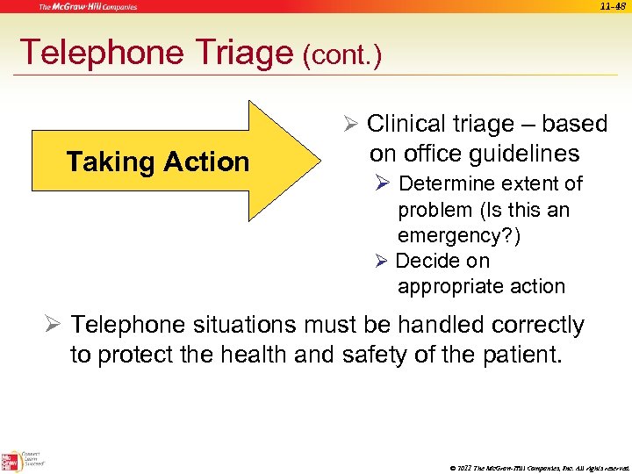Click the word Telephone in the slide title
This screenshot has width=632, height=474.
(x=88, y=53)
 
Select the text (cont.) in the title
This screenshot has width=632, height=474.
(x=342, y=57)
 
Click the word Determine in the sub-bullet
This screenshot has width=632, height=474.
(x=447, y=184)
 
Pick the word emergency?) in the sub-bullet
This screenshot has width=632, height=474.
(x=458, y=236)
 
